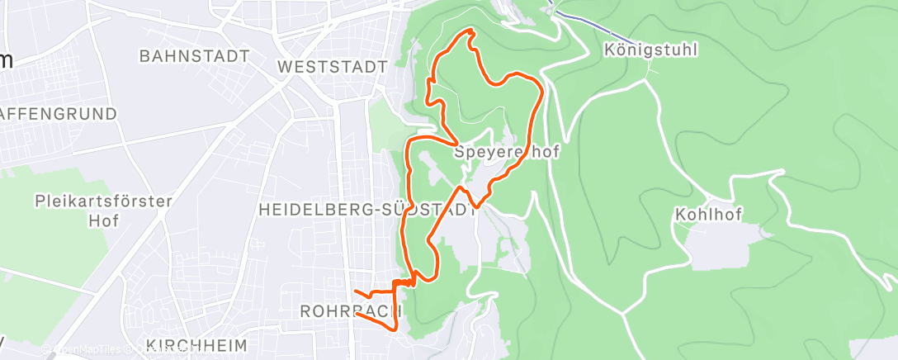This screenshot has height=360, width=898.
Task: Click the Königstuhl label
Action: coord(650,50)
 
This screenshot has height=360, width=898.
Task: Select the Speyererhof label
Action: coord(507,153)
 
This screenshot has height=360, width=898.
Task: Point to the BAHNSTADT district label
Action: coord(195,57)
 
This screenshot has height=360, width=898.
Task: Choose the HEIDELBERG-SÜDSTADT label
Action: coord(367,210)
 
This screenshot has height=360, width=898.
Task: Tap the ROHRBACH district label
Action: coord(350,311)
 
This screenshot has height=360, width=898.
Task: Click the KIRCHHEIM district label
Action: coord(196,343)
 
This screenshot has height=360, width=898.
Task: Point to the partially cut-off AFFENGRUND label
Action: coord(58,114)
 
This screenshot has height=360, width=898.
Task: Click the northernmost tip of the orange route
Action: coord(470,31)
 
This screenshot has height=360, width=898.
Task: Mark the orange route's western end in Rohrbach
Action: coord(354,291)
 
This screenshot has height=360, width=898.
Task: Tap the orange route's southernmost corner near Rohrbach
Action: coord(397,329)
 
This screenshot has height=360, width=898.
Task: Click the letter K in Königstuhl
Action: coord(609,50)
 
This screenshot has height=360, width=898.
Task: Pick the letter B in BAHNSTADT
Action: coord(145,57)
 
